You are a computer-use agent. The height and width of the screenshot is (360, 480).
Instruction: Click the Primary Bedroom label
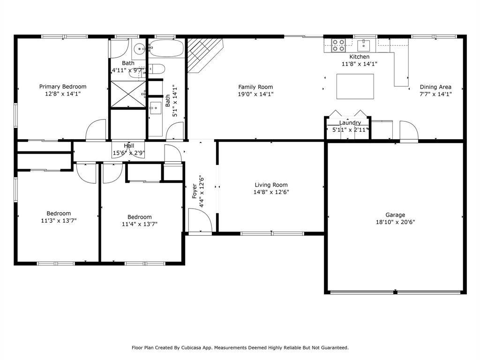[63, 87]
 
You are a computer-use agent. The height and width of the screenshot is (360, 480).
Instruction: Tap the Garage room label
[395, 215]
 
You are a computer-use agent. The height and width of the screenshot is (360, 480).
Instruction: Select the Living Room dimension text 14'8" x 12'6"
[271, 192]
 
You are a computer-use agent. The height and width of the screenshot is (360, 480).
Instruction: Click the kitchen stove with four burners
[338, 45]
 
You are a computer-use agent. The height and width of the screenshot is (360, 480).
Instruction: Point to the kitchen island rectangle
[355, 86]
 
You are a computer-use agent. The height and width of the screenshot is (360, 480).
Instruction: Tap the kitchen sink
[363, 45]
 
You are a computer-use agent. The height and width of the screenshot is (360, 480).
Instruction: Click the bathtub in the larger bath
[166, 48]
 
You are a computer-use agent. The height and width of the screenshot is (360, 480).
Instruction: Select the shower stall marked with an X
[128, 94]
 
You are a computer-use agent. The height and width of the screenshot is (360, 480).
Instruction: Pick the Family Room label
[255, 87]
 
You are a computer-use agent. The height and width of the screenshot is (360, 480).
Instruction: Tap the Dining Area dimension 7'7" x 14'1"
[435, 94]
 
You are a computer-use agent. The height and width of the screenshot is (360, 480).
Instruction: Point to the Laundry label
[350, 122]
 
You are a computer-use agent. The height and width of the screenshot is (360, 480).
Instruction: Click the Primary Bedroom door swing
[96, 130]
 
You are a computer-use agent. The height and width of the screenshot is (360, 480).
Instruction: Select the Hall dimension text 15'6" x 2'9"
[129, 153]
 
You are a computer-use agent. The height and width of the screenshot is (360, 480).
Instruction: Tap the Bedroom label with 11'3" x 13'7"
[59, 213]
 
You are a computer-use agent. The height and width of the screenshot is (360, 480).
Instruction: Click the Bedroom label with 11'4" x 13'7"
[140, 217]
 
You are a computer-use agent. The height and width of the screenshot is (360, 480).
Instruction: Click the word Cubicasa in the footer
[191, 347]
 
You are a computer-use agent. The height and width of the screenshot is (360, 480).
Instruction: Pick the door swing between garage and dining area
[409, 131]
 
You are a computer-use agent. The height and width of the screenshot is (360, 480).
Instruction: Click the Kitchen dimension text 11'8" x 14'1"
[360, 64]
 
